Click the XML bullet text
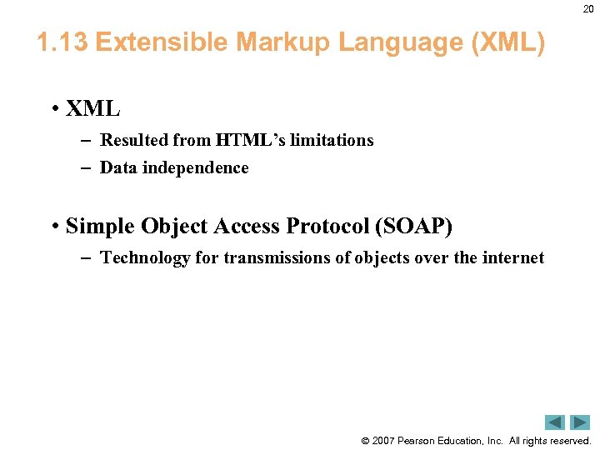93,108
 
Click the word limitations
332,140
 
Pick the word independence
195,167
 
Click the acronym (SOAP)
413,226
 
